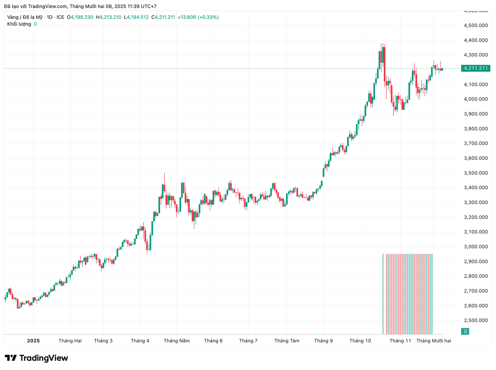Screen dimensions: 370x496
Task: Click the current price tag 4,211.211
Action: point(476,68)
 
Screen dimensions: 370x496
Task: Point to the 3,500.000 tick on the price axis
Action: point(476,173)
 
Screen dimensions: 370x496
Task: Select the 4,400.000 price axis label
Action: point(476,40)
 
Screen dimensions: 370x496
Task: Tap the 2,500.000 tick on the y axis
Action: point(476,320)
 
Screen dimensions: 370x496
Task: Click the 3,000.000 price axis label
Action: point(476,247)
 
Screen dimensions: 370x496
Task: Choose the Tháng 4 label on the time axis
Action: point(140,341)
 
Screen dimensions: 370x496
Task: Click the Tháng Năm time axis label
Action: point(177,341)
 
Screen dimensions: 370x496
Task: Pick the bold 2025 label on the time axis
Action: point(33,341)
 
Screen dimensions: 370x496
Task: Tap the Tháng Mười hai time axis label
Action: point(433,341)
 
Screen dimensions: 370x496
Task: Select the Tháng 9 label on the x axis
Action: point(323,341)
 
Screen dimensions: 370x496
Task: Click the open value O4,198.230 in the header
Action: point(80,17)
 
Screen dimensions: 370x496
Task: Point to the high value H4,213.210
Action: point(109,17)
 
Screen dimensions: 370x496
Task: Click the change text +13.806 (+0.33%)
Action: point(198,17)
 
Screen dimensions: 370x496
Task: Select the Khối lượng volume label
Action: point(19,24)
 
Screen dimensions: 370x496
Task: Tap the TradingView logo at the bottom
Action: point(36,358)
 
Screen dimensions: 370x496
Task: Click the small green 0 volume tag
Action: point(465,331)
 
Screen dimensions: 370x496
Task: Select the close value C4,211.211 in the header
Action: point(163,17)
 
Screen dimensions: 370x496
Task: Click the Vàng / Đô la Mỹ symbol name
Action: point(25,17)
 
